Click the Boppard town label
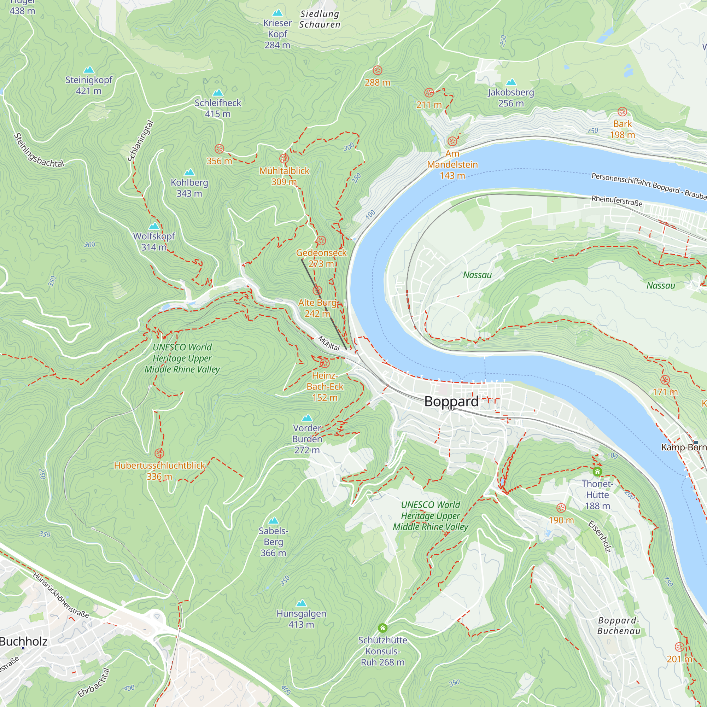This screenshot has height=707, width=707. [451, 402]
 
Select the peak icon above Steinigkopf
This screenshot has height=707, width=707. [89, 70]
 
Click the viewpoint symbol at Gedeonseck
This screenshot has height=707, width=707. [321, 240]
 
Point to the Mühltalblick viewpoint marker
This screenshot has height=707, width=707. [284, 158]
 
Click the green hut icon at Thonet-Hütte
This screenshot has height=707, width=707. [597, 472]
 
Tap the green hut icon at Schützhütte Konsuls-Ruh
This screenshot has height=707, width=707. [382, 628]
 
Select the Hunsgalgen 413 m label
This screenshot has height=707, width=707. [301, 619]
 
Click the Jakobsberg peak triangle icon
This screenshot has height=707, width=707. [511, 82]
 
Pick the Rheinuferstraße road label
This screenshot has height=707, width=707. [617, 200]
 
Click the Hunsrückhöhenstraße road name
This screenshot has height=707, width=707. [61, 595]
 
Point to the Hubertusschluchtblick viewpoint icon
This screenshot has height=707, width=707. [159, 454]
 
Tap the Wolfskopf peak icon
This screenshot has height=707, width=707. [154, 226]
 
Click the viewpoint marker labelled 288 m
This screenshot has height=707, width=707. [377, 70]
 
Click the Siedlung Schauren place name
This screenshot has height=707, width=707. [320, 19]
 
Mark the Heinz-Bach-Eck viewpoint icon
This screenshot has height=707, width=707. [325, 363]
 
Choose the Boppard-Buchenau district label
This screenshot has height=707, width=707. [618, 625]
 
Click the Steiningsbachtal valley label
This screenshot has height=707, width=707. [39, 150]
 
